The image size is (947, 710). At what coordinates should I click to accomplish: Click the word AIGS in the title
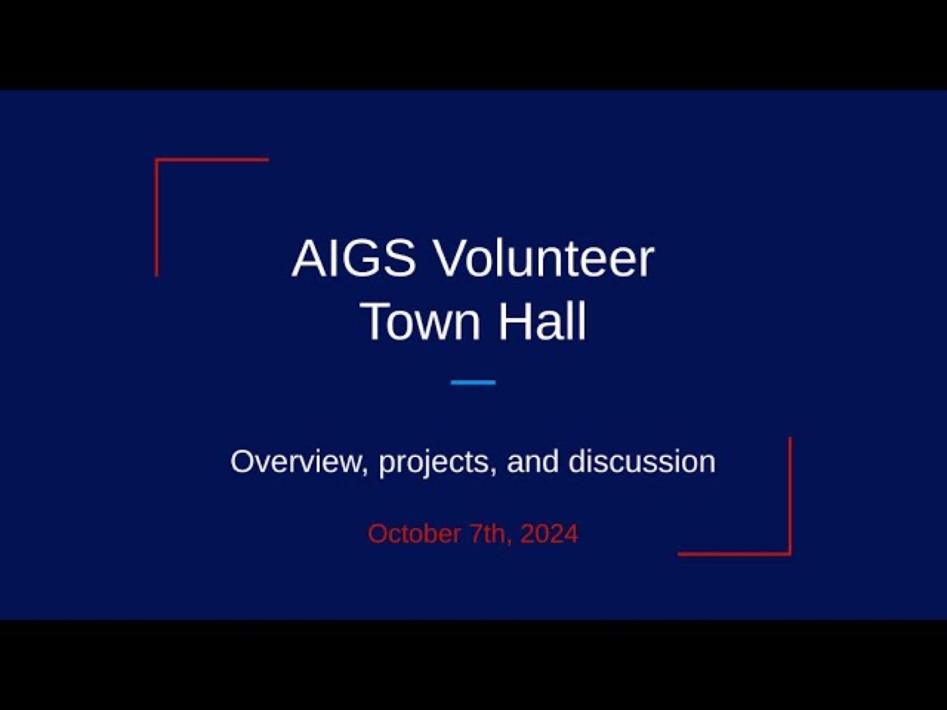click(354, 259)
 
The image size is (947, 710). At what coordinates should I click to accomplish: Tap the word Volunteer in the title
click(545, 259)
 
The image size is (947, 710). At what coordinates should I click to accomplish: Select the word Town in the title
click(421, 321)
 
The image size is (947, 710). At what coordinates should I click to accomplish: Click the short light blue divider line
click(473, 382)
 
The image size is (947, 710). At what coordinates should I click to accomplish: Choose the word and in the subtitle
click(533, 461)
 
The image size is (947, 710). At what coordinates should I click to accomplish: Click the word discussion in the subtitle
click(642, 461)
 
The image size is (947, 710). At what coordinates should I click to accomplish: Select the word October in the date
click(414, 534)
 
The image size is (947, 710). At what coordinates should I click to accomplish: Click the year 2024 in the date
click(549, 534)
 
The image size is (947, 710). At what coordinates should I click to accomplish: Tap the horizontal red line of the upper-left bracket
click(212, 160)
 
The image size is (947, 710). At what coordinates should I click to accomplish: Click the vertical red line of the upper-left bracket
click(157, 217)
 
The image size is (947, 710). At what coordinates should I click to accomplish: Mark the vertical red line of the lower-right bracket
click(790, 496)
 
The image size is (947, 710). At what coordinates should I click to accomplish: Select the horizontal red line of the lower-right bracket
click(735, 554)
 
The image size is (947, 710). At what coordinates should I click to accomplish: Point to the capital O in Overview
click(243, 462)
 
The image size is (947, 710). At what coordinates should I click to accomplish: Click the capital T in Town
click(376, 321)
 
